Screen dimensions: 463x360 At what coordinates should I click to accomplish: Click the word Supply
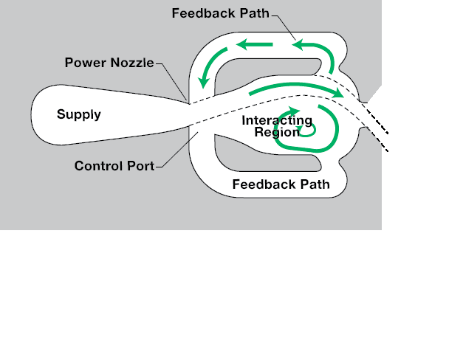coord(79,115)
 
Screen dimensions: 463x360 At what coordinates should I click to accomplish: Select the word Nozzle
coord(131,63)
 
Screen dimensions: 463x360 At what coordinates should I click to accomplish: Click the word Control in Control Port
coord(99,166)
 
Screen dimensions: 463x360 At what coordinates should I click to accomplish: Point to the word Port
coord(140,166)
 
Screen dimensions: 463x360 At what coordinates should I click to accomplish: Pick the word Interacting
coord(277,121)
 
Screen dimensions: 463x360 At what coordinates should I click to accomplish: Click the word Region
coord(277,132)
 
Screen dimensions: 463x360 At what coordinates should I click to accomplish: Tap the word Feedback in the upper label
coord(204,13)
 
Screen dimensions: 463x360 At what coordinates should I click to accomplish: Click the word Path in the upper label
coord(255,13)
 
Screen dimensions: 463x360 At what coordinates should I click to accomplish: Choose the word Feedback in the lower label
coord(264,184)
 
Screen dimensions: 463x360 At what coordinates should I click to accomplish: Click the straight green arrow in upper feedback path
coord(254,45)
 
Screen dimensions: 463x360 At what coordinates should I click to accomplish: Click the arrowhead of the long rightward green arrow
coord(337,92)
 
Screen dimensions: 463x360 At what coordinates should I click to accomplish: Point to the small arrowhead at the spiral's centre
coord(298,128)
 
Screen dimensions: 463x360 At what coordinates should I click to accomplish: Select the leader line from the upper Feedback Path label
coord(284,27)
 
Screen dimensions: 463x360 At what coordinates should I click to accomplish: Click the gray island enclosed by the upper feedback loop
coord(266,72)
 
